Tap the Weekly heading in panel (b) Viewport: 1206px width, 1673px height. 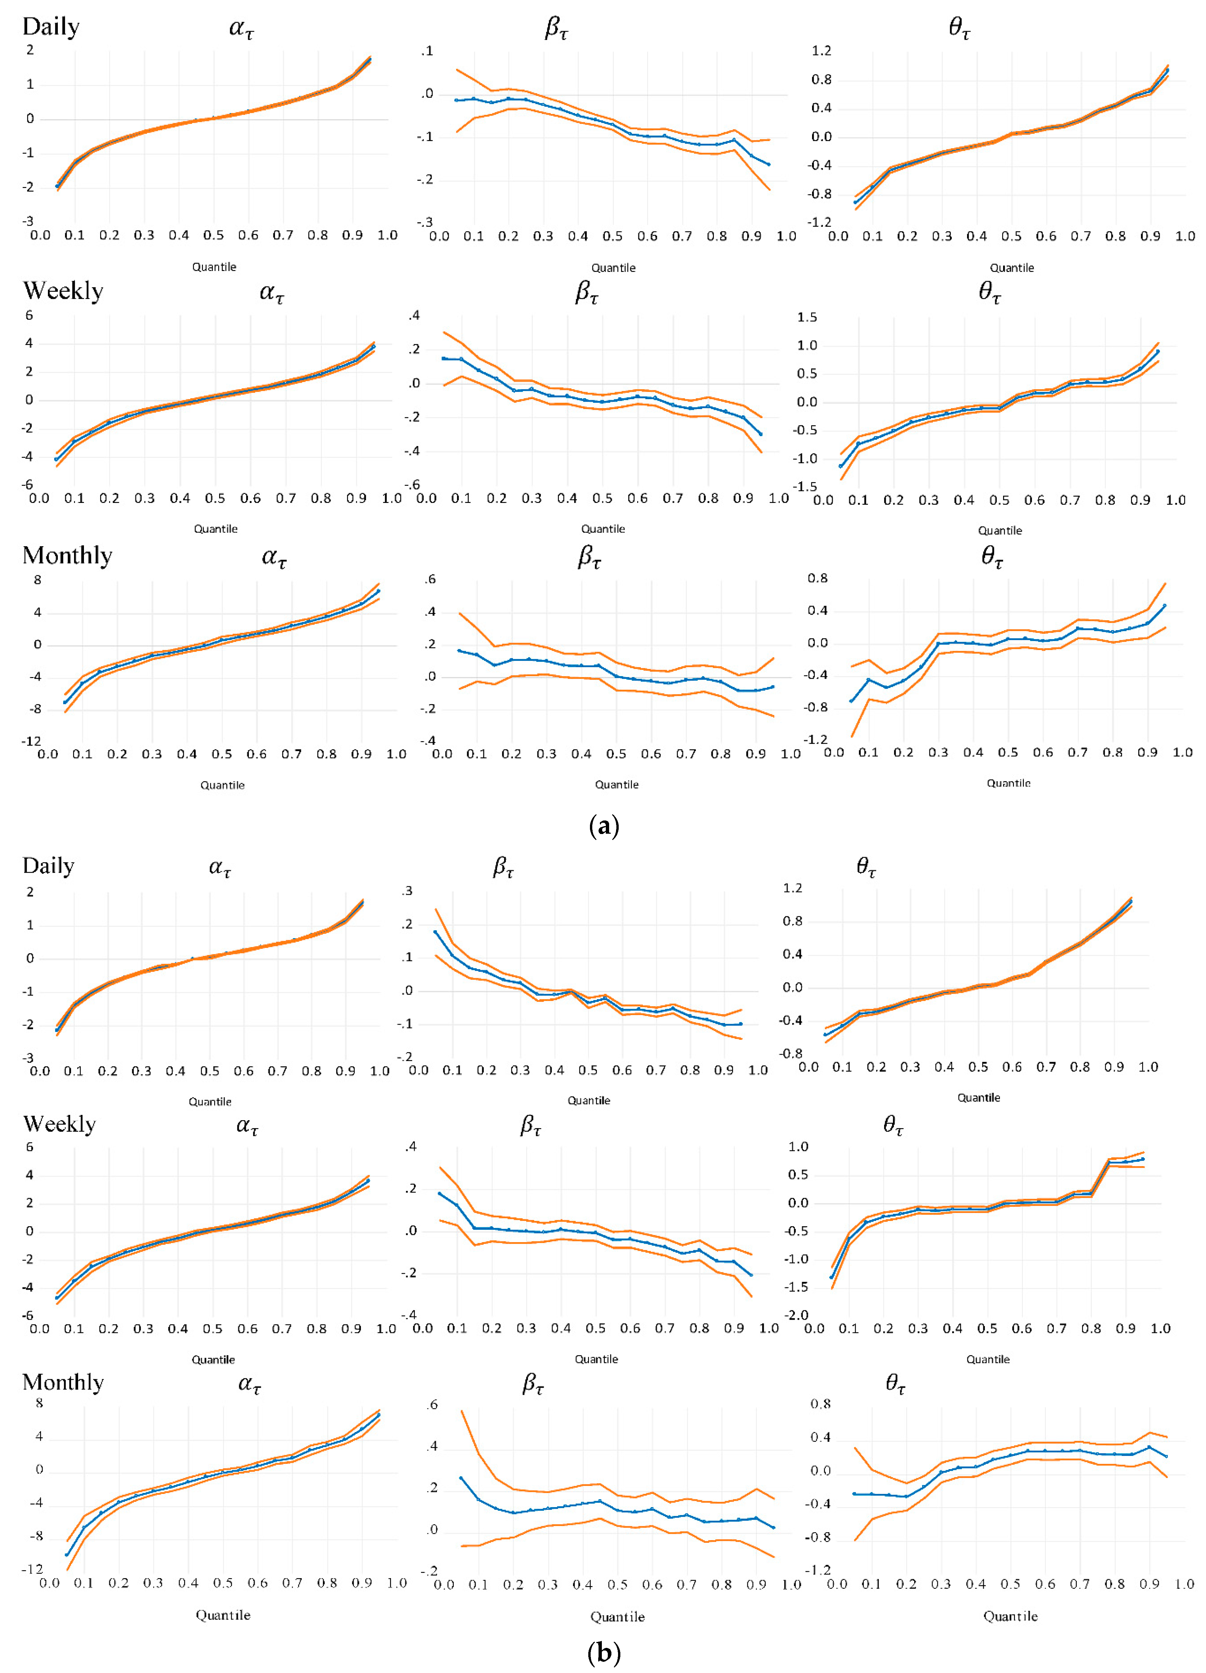click(59, 1124)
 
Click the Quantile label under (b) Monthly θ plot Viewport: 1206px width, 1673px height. click(1010, 1616)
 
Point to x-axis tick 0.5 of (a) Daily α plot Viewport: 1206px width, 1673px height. click(213, 235)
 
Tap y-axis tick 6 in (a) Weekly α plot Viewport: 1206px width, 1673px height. click(29, 315)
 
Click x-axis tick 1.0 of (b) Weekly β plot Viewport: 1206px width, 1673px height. click(769, 1328)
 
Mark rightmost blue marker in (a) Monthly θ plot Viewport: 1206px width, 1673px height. click(1165, 606)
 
